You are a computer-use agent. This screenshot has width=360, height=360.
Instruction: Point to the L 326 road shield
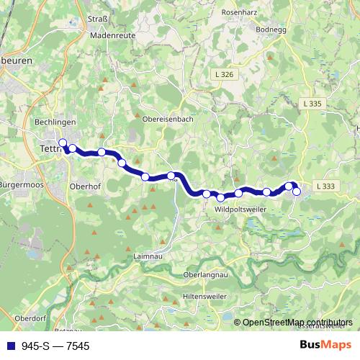224,74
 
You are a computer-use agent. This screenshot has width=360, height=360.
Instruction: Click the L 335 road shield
312,104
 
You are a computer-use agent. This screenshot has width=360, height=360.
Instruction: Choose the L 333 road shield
325,186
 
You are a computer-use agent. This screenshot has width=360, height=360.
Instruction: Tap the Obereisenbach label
168,120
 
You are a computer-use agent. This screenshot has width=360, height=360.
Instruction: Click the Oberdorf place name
31,317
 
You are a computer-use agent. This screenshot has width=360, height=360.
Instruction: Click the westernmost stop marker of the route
63,143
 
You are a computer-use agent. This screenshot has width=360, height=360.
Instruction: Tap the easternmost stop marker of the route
296,192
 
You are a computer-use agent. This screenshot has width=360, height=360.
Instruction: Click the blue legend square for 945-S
11,346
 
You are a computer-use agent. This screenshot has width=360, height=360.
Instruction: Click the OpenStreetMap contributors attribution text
297,323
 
